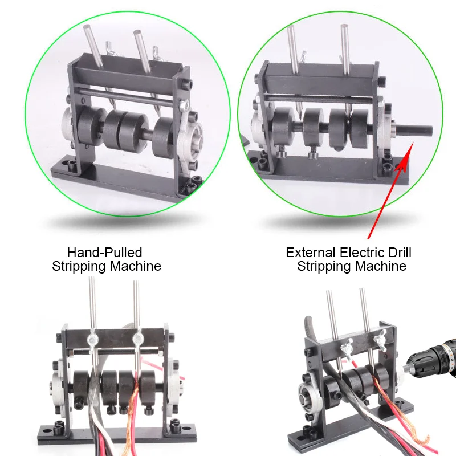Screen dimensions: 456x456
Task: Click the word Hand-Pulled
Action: tap(104, 252)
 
